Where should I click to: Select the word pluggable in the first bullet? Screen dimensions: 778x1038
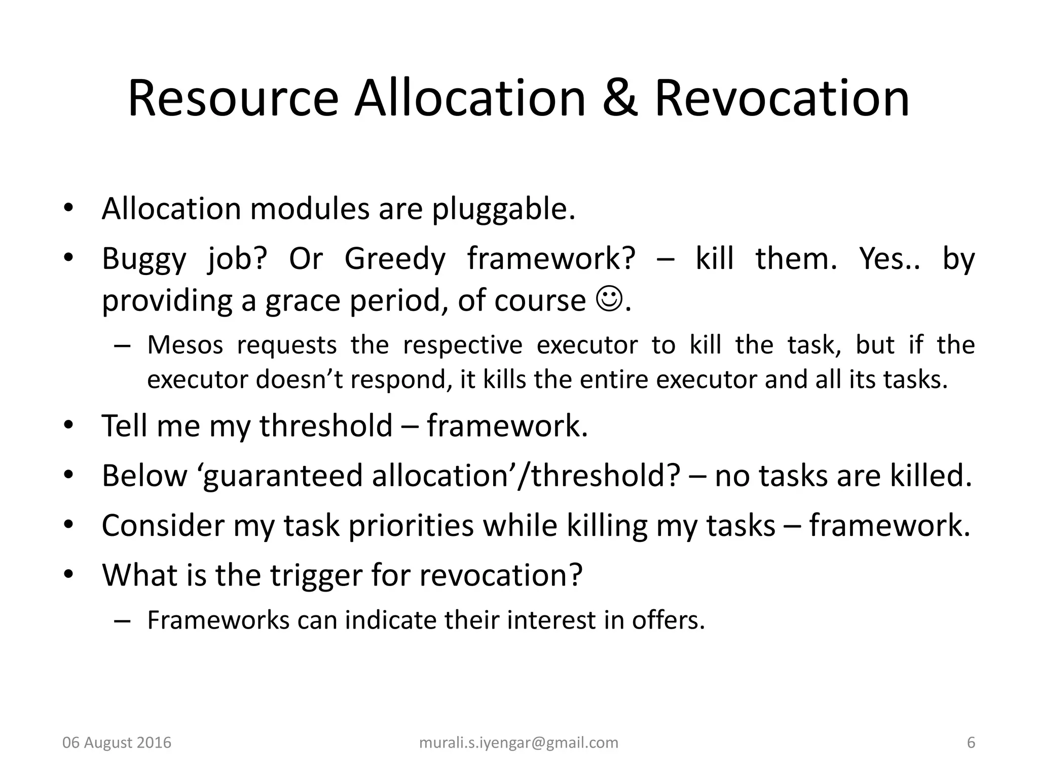503,209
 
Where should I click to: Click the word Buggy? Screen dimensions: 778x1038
144,259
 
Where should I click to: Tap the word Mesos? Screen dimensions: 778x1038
185,345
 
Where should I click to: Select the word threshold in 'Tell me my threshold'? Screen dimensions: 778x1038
326,425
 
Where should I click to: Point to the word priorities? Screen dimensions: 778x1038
411,525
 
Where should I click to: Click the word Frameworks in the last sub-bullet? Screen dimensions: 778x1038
218,620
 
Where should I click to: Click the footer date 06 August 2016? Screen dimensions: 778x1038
117,743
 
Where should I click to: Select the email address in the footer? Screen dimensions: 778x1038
519,743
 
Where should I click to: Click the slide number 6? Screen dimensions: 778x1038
971,743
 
